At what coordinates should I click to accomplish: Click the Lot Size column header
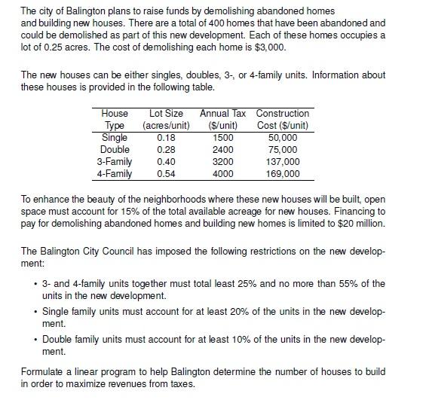(x=167, y=119)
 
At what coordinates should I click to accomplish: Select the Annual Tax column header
(x=222, y=119)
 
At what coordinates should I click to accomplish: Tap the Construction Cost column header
(x=283, y=119)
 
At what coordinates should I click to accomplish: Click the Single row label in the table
(x=115, y=138)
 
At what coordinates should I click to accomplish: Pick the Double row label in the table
(x=115, y=150)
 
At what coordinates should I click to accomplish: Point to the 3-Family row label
(x=115, y=162)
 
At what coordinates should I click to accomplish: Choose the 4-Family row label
(x=115, y=174)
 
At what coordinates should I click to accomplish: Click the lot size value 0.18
(x=166, y=138)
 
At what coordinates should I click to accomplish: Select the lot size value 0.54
(x=166, y=174)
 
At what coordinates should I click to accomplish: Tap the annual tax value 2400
(x=223, y=150)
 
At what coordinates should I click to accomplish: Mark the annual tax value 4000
(x=223, y=174)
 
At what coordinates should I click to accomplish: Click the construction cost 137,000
(x=283, y=162)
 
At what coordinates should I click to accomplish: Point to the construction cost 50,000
(x=283, y=138)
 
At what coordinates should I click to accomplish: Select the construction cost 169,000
(x=283, y=174)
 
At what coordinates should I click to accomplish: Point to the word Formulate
(x=44, y=372)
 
